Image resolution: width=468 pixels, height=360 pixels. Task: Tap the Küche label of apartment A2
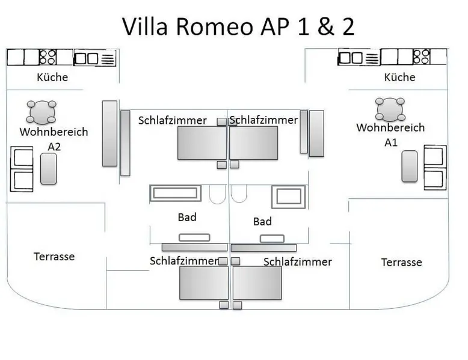(x=52, y=77)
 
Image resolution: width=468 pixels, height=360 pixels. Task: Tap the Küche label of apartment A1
(x=399, y=77)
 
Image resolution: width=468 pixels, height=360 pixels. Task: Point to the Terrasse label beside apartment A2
(x=54, y=257)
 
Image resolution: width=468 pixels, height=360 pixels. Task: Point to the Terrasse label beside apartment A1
(x=401, y=262)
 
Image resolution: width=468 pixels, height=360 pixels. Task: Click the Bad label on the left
(x=187, y=217)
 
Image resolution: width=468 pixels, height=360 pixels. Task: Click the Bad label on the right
(x=262, y=221)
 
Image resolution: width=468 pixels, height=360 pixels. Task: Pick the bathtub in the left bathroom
(x=169, y=194)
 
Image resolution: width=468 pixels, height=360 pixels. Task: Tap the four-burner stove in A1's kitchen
(x=423, y=57)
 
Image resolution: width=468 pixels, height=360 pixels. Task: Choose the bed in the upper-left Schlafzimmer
(x=202, y=143)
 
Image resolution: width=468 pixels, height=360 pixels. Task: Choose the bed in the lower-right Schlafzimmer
(x=257, y=282)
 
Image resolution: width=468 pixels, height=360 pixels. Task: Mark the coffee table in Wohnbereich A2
(x=49, y=168)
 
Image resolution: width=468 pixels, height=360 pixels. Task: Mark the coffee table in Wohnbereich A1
(x=410, y=166)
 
